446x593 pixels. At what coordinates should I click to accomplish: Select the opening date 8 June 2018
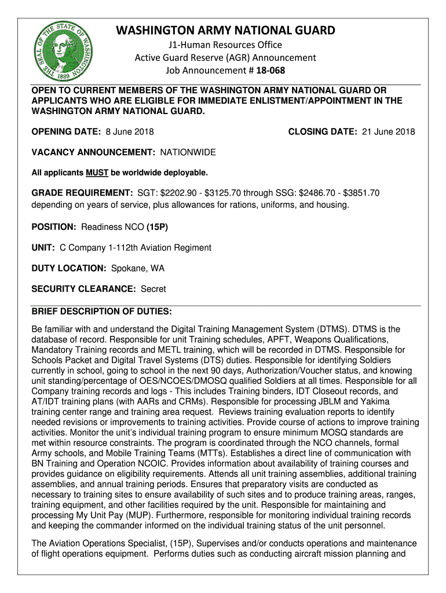[129, 132]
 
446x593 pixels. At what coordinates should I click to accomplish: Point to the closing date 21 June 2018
[388, 132]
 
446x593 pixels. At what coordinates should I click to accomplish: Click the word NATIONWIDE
[188, 152]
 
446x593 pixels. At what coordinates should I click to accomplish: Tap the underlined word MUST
[93, 173]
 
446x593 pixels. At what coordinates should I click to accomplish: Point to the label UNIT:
[43, 248]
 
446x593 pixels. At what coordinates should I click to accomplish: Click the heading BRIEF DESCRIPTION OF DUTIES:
[101, 312]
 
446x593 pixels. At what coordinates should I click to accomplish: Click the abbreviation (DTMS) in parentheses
[331, 329]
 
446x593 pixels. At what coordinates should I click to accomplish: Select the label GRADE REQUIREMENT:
[82, 193]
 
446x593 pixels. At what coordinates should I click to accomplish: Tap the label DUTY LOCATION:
[68, 268]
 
